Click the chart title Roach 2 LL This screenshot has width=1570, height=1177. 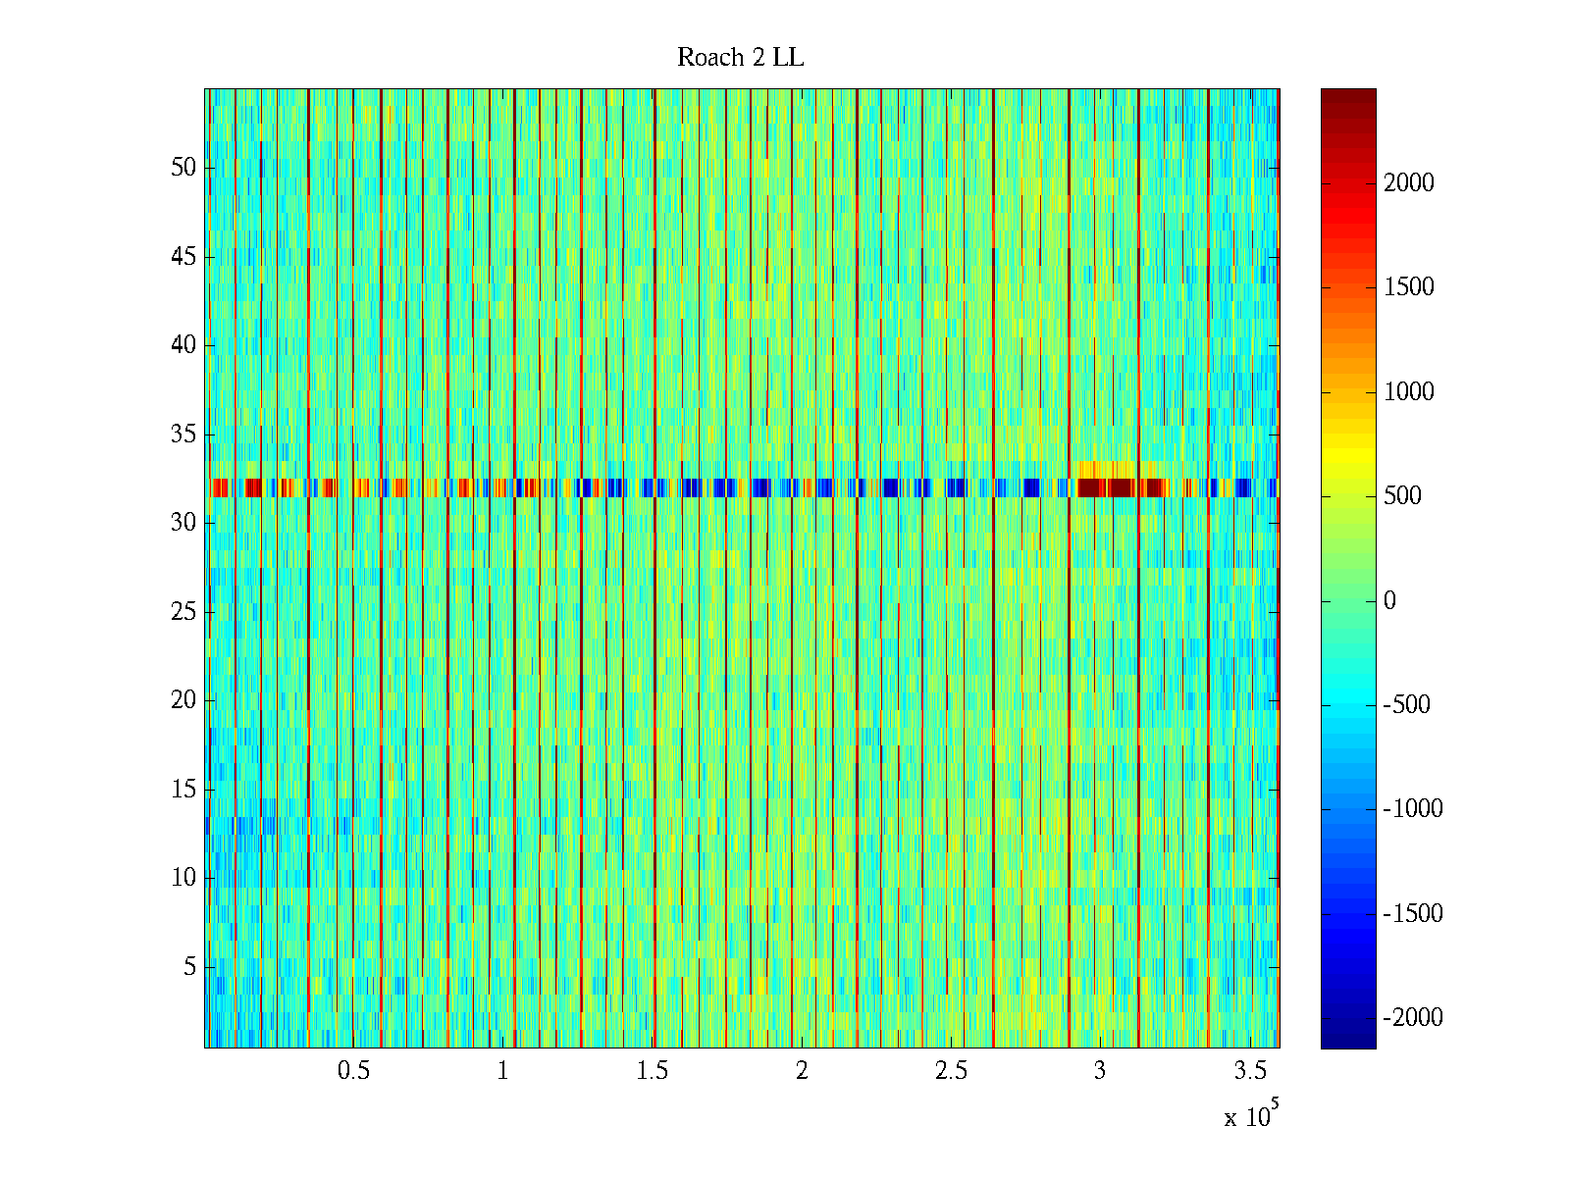(x=740, y=58)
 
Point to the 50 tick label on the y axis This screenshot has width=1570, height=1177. (x=183, y=167)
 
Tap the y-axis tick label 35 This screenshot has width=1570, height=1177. (x=183, y=434)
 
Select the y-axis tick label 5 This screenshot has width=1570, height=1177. (x=189, y=967)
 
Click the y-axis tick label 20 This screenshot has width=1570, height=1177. (x=183, y=700)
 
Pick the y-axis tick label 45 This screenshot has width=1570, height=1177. (x=183, y=257)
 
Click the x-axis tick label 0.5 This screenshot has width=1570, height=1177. (x=353, y=1071)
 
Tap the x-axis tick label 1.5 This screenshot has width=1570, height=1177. (x=653, y=1071)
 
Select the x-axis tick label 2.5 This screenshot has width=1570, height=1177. (x=951, y=1071)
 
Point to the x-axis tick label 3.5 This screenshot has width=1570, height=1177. (x=1250, y=1071)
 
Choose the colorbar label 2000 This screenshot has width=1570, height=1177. (x=1409, y=183)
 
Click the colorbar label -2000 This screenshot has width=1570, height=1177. (x=1413, y=1018)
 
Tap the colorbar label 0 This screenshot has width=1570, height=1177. (x=1389, y=601)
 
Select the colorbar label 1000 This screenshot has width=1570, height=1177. (x=1409, y=392)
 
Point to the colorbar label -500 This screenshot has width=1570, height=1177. (x=1407, y=705)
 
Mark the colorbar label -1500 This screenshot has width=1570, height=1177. (x=1413, y=914)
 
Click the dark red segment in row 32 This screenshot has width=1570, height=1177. (x=1107, y=487)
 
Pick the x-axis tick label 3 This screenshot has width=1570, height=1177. (x=1100, y=1071)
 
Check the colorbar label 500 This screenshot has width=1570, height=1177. (x=1403, y=496)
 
